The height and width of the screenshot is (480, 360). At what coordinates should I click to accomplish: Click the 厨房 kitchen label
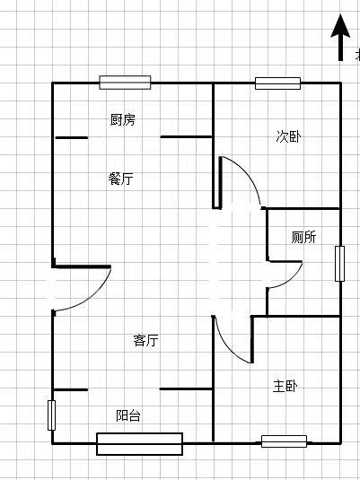(123, 119)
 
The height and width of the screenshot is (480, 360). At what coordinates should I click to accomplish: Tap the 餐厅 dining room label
(121, 179)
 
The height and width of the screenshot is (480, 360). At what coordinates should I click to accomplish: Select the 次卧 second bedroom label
(288, 136)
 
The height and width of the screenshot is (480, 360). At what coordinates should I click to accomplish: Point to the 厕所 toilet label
(303, 237)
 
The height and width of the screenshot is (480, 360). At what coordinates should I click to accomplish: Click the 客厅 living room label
(145, 340)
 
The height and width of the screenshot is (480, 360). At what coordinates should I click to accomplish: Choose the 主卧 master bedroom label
(285, 386)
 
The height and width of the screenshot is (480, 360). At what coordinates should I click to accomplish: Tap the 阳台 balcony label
(128, 415)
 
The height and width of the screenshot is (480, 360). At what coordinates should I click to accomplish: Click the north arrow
(340, 37)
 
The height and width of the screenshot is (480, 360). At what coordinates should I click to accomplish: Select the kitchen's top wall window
(125, 83)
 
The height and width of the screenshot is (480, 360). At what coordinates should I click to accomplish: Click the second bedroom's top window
(278, 83)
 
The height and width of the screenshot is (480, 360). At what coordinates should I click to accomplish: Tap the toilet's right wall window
(339, 264)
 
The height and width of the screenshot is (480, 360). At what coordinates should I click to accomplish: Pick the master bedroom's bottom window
(284, 441)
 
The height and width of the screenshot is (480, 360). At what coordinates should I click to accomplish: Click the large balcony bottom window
(140, 444)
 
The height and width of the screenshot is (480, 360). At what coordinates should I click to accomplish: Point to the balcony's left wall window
(51, 415)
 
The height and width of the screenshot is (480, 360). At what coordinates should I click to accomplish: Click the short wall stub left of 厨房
(72, 138)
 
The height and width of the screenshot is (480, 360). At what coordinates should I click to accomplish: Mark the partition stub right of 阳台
(186, 389)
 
